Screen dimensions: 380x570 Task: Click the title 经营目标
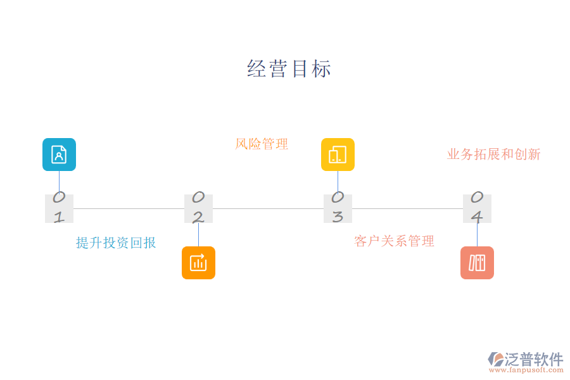[x=289, y=68]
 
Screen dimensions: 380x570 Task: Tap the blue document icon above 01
[x=59, y=155]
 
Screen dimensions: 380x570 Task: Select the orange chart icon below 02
[x=198, y=263]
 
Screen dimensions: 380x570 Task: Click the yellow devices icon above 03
[x=338, y=155]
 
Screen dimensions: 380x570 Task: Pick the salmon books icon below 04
[x=477, y=263]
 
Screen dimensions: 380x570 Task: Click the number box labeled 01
[x=59, y=208]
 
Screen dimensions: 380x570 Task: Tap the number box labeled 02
[x=198, y=208]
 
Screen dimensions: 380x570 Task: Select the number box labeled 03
[x=338, y=208]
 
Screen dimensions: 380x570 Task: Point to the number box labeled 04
[x=477, y=208]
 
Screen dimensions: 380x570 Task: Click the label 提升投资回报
[x=116, y=243]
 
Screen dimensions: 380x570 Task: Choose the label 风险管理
[x=262, y=144]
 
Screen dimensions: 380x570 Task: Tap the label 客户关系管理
[x=394, y=241]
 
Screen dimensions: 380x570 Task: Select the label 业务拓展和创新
[x=493, y=154]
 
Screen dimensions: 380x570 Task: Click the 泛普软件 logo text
[x=534, y=359]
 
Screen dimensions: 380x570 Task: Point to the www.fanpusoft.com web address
[x=525, y=370]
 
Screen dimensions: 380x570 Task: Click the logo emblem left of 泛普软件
[x=496, y=359]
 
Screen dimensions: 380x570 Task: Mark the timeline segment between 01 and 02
[x=129, y=208]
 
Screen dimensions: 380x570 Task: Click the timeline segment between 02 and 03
[x=268, y=208]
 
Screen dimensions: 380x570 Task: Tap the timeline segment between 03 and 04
[x=407, y=208]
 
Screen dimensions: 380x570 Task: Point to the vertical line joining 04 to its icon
[x=477, y=234]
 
